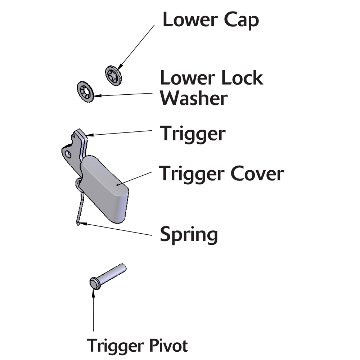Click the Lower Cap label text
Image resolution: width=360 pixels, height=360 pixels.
click(211, 21)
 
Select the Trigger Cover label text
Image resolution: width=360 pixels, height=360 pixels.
click(222, 174)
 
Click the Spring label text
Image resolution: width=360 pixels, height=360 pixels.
click(189, 235)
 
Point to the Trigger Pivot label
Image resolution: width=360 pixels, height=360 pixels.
click(138, 346)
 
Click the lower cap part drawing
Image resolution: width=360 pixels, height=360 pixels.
click(113, 76)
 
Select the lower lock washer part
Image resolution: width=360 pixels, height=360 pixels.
click(86, 91)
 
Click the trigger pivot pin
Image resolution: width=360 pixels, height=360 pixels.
click(108, 275)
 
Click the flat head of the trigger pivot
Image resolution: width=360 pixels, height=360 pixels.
click(94, 283)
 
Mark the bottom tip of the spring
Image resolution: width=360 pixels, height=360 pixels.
click(78, 224)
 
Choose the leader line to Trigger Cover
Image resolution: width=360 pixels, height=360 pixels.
click(135, 178)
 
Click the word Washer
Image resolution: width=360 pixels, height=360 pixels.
click(194, 98)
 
